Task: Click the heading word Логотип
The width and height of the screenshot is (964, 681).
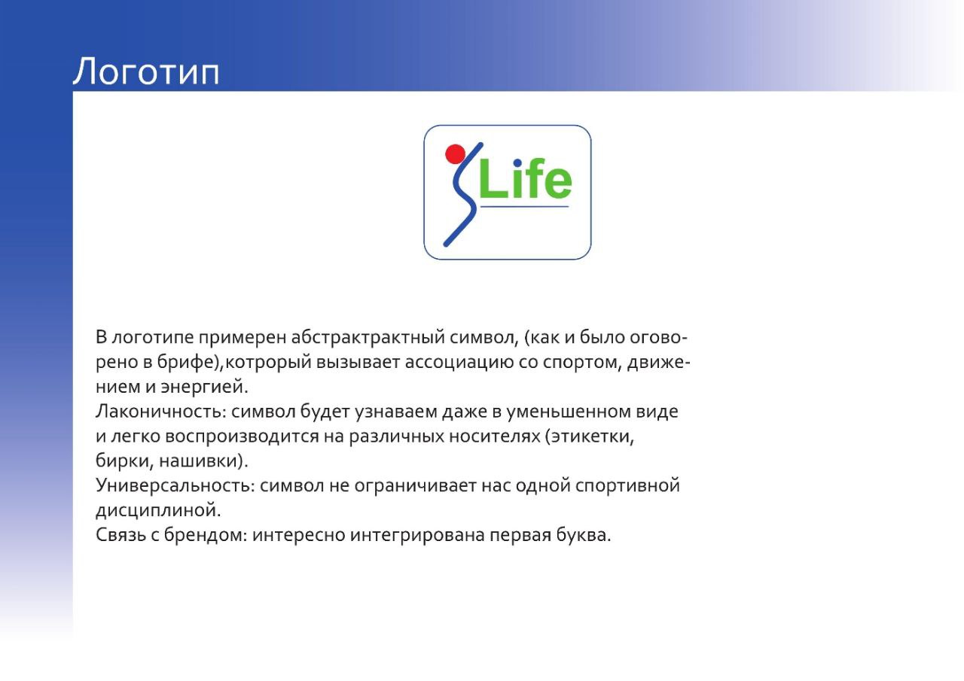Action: pos(146,72)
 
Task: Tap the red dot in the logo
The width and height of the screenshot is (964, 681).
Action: pos(455,154)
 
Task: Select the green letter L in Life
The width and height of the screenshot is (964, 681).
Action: pos(490,182)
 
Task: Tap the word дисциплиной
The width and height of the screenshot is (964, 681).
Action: pos(158,510)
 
